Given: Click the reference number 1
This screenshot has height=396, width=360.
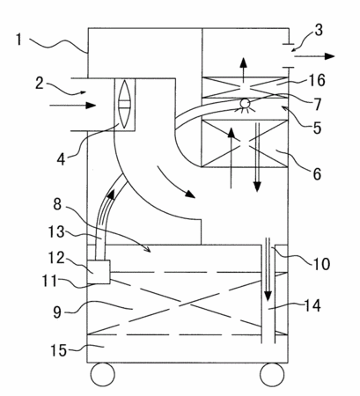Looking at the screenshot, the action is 19,40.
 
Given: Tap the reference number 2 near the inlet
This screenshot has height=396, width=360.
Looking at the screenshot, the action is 40,84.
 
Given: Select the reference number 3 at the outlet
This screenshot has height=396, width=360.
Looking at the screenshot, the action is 319,30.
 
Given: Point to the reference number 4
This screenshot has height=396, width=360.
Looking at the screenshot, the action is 61,159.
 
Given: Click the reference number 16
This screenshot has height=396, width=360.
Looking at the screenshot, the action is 317,80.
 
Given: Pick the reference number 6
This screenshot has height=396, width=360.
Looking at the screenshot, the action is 317,173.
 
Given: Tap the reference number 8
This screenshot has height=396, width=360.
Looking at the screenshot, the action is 57,204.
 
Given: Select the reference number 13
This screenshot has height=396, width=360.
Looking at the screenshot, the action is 56,231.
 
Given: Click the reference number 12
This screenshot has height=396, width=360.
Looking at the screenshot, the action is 56,258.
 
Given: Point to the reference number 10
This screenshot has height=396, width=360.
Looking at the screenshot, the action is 321,264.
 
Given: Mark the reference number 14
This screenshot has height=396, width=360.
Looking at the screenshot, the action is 312,306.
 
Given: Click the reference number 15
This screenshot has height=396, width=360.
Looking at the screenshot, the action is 59,350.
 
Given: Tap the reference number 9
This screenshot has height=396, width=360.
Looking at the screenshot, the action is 57,312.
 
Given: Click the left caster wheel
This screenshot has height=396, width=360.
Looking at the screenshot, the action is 102,374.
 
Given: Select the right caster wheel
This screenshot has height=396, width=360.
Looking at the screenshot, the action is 272,374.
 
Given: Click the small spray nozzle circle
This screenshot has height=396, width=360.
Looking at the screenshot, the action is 245,104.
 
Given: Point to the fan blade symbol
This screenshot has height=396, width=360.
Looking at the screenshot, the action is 124,105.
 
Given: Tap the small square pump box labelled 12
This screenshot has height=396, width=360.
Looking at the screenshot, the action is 99,272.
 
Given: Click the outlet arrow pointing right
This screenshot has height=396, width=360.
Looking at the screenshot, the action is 314,56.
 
